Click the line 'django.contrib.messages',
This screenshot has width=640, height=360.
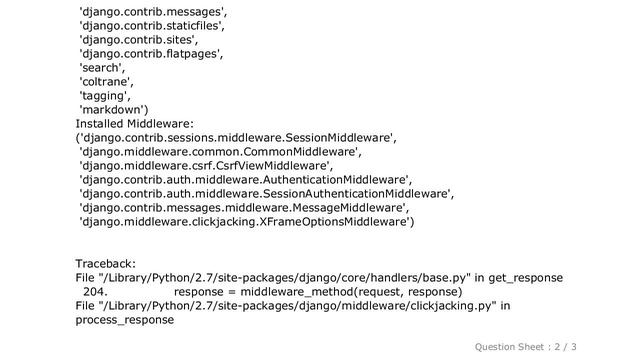153,12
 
